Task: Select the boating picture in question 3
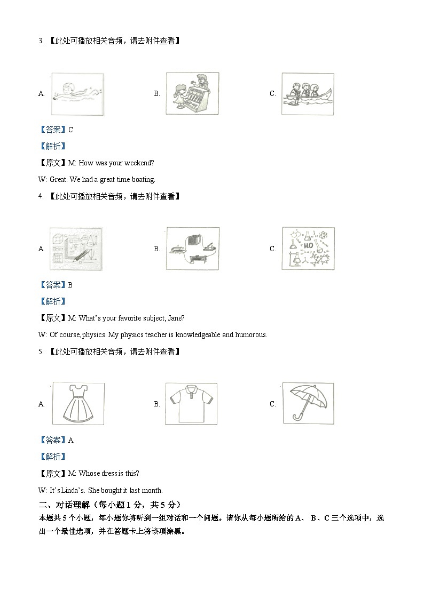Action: [308, 93]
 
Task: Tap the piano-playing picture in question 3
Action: [192, 93]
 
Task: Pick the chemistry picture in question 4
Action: [308, 249]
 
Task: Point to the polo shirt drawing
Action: [191, 404]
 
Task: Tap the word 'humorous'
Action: [250, 335]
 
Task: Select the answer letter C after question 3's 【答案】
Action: [70, 130]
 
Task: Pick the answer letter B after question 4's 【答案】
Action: [70, 285]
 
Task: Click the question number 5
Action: [40, 352]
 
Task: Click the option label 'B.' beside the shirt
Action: [157, 404]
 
